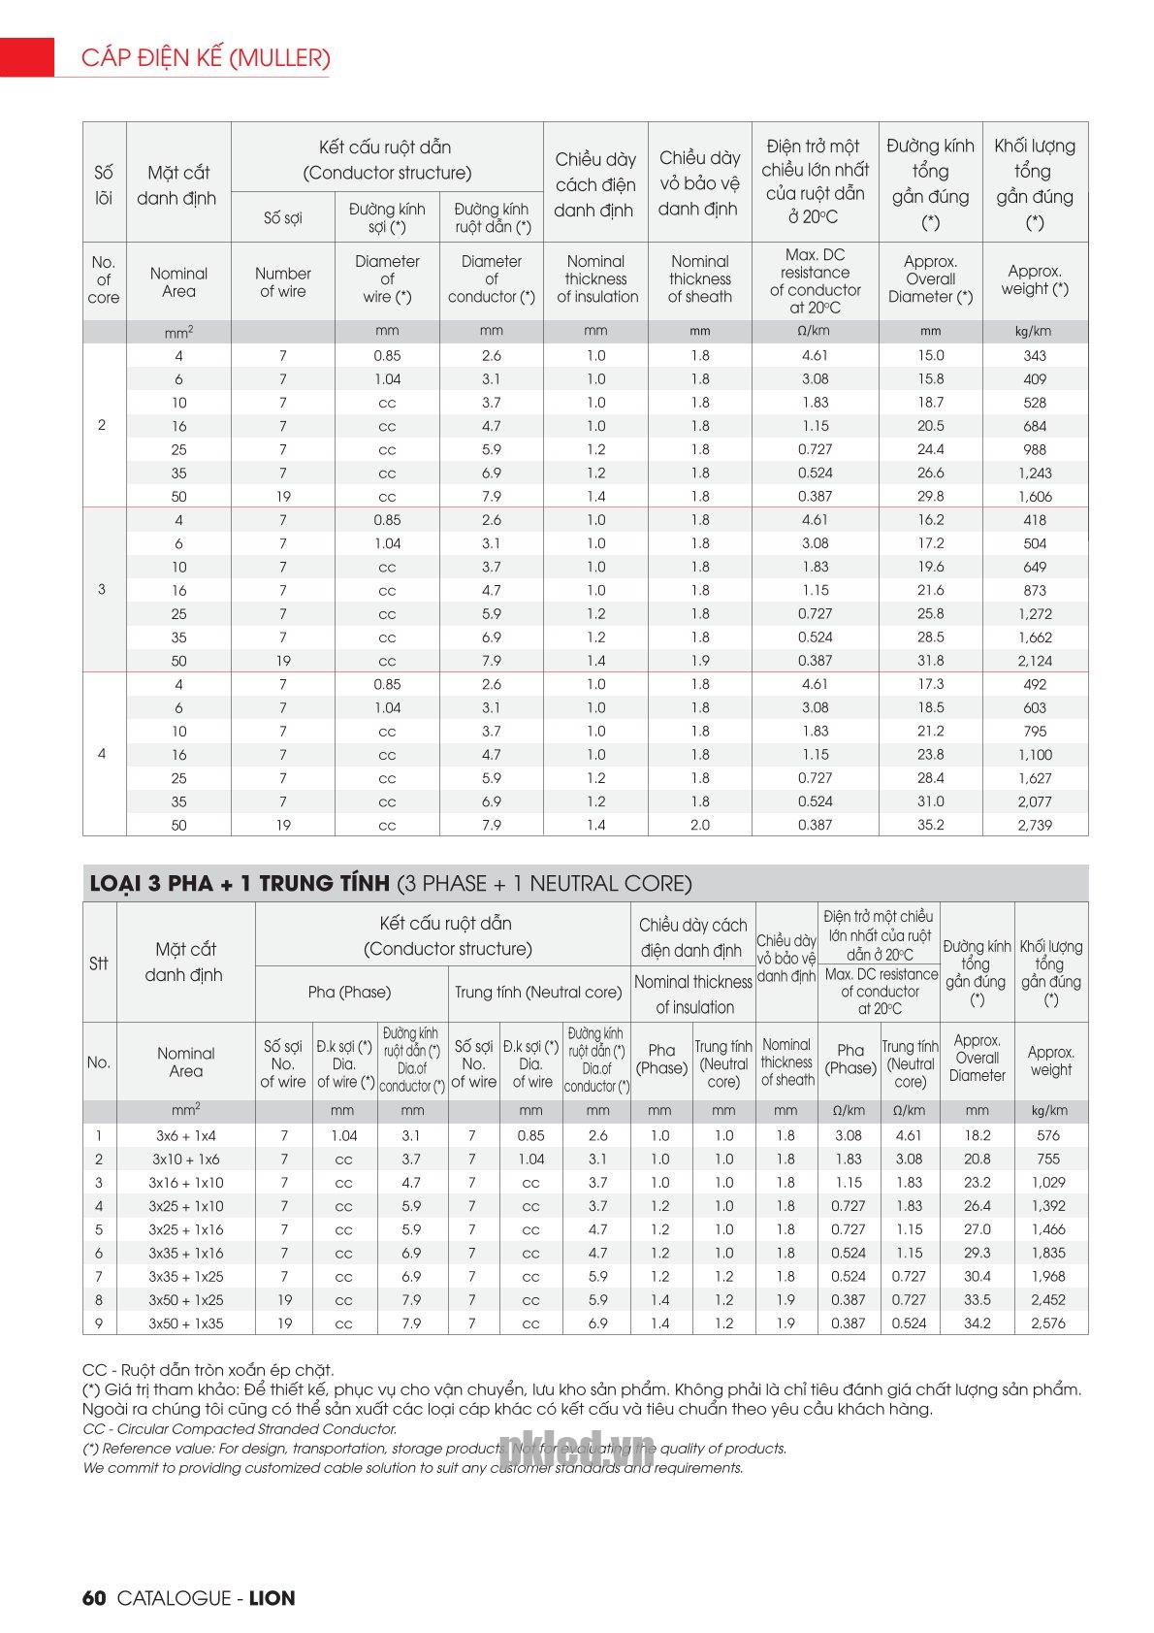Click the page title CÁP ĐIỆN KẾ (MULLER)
click(x=206, y=58)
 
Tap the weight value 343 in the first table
click(x=1034, y=356)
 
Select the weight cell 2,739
click(x=1034, y=826)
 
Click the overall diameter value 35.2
click(x=930, y=826)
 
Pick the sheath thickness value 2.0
click(x=699, y=826)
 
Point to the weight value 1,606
click(x=1034, y=497)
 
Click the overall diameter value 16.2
click(x=930, y=520)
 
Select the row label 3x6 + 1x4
click(x=185, y=1135)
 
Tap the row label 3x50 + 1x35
click(x=185, y=1323)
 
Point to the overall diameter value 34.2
click(x=977, y=1323)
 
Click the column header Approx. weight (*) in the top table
click(x=1034, y=280)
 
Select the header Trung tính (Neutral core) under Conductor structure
click(x=538, y=993)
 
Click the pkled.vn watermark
click(x=576, y=1451)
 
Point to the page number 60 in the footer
click(x=93, y=1598)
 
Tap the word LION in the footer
click(x=272, y=1598)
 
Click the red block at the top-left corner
click(x=27, y=57)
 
